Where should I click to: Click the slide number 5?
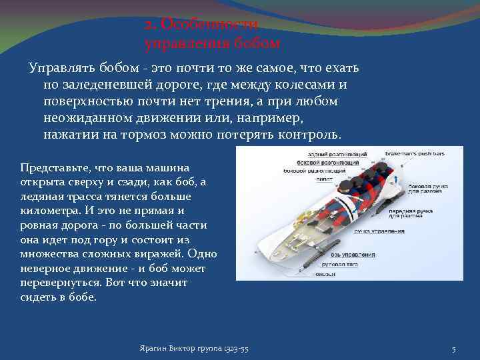[x=453, y=350]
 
